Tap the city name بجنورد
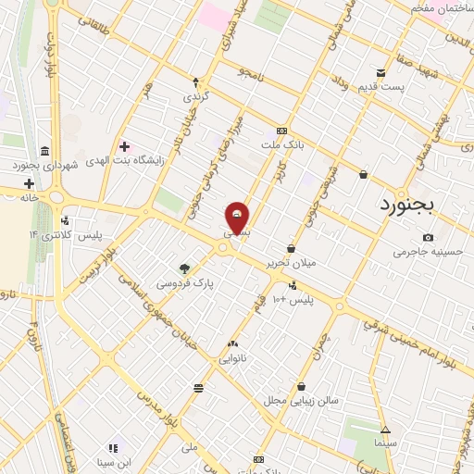412,205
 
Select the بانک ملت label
282,144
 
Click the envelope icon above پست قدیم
380,73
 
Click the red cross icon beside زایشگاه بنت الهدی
124,146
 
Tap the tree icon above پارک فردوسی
184,268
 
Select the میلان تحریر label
291,263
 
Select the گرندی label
195,97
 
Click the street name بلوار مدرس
159,406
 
